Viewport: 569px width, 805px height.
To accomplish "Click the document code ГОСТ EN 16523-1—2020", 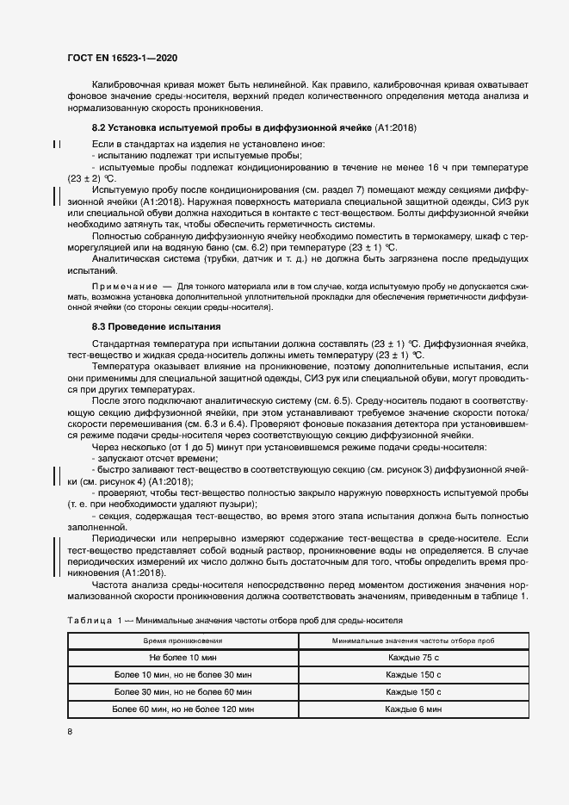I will (x=123, y=58).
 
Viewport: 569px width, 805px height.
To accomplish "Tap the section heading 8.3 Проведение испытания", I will (x=157, y=327).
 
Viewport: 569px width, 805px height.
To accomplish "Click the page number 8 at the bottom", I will (x=70, y=732).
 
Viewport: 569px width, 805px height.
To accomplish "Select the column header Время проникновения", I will (x=182, y=641).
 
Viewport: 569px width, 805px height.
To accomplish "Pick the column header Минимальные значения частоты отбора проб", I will (x=413, y=641).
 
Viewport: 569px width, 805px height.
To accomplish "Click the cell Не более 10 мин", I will (x=182, y=658).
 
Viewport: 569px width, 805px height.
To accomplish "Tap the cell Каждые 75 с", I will (x=413, y=658).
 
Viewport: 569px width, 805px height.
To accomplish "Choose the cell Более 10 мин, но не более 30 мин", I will (x=182, y=675).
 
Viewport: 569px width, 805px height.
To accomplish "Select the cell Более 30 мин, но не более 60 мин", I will (x=182, y=692).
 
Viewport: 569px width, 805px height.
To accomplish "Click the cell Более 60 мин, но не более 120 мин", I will (x=182, y=709).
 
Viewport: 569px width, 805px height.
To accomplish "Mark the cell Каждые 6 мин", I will (x=413, y=709).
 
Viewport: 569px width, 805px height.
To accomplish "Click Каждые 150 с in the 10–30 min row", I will (x=413, y=675).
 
